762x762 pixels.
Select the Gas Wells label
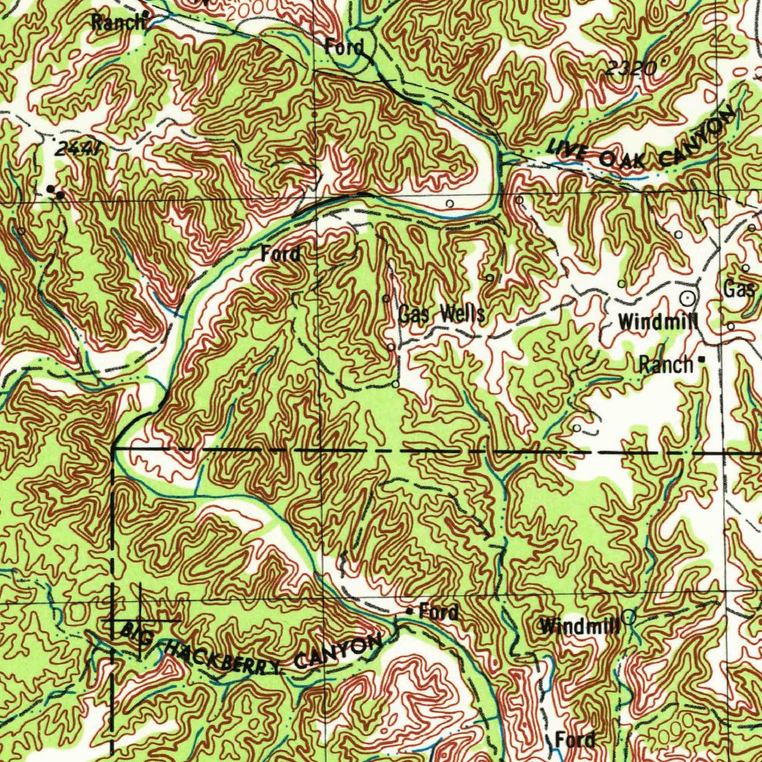[x=441, y=314]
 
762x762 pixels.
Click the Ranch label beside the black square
[x=665, y=365]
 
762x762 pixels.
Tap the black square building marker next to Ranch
[x=700, y=362]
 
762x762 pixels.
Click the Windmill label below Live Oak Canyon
[x=658, y=322]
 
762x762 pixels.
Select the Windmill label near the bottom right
[x=580, y=626]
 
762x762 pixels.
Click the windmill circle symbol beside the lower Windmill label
[x=629, y=615]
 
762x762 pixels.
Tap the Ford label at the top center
[x=345, y=48]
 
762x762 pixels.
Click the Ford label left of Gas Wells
[x=281, y=254]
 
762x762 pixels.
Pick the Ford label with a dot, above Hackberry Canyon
[x=438, y=612]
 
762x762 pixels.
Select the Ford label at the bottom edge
[x=575, y=740]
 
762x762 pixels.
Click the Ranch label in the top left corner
[x=118, y=22]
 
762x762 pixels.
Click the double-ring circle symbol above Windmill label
[x=688, y=298]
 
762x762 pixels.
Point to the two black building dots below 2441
[x=54, y=192]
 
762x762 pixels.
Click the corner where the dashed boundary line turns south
[x=113, y=449]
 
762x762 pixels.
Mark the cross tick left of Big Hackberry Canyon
[x=139, y=619]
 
